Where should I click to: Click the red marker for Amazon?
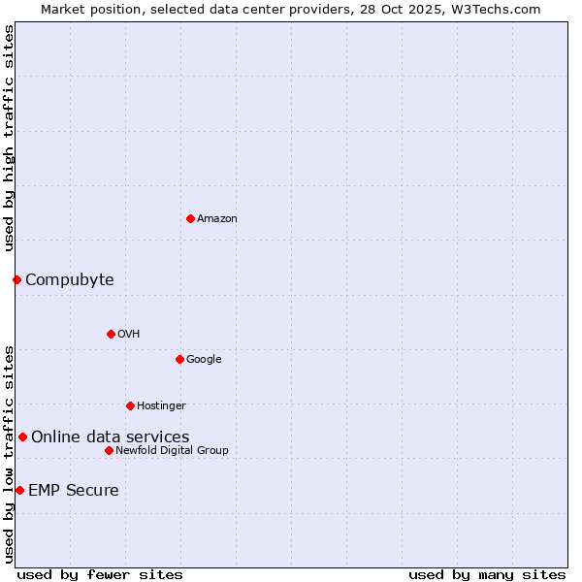190,218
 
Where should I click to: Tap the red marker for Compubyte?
16,279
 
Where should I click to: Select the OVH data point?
111,334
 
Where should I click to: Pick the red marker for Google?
179,359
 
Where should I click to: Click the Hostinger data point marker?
130,405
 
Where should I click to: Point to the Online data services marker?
22,436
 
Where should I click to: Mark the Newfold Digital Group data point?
109,450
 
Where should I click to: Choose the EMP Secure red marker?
19,490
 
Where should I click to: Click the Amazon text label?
217,219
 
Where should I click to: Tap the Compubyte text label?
69,280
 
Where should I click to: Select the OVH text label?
129,335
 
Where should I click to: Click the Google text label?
204,360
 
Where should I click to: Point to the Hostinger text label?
161,406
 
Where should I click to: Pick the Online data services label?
110,437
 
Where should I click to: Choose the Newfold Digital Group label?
172,451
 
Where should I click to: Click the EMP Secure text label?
73,491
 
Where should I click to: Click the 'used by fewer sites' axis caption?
100,574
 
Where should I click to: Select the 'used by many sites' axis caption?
486,574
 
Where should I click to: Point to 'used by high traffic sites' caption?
9,138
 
